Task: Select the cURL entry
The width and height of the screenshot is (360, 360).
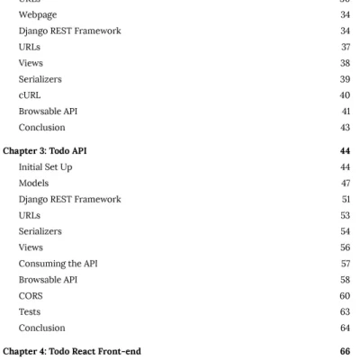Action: (29, 94)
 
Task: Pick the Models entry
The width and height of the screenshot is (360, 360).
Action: (33, 183)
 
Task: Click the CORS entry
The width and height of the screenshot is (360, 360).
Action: (30, 295)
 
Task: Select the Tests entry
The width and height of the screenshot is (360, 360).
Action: (30, 311)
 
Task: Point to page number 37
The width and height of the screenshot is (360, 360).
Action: (344, 47)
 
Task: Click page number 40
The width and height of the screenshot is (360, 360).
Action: (344, 94)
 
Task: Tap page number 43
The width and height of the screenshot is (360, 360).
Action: (344, 127)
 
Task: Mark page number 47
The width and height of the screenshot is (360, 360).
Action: (344, 183)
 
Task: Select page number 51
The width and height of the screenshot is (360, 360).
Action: (345, 199)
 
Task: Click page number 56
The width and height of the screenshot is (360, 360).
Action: (344, 247)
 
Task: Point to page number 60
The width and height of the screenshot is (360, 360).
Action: (344, 295)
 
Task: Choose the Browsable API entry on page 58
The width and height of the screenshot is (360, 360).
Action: (47, 279)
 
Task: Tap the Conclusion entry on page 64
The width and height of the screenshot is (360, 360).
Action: (41, 328)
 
